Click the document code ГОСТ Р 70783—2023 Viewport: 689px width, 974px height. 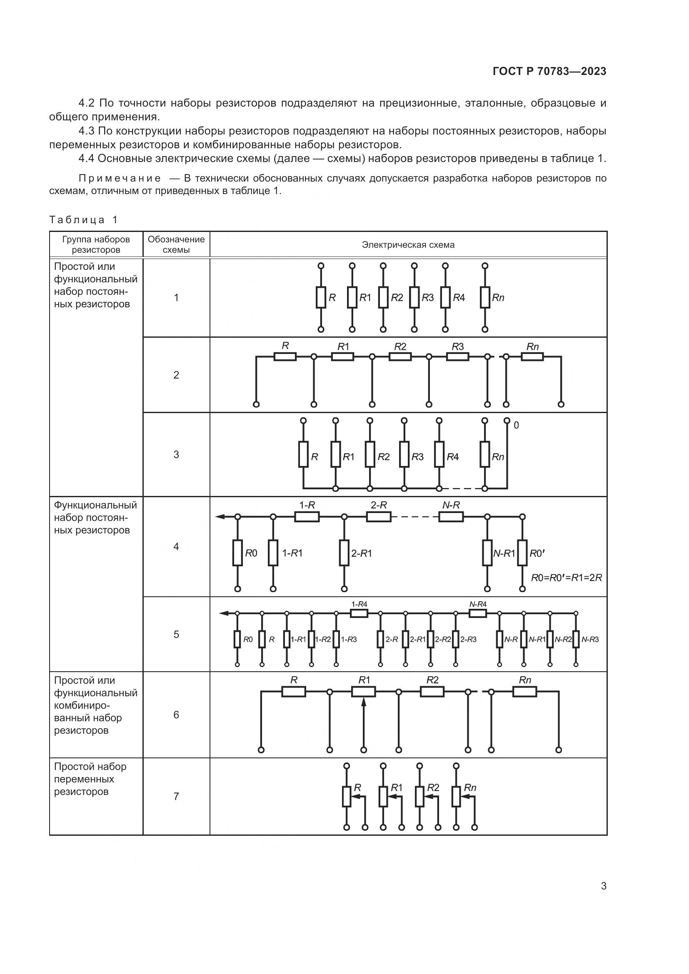pyautogui.click(x=549, y=71)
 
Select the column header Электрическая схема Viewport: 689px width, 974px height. pyautogui.click(x=408, y=245)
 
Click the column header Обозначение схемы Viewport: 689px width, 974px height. pyautogui.click(x=176, y=244)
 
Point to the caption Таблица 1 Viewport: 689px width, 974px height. pyautogui.click(x=84, y=220)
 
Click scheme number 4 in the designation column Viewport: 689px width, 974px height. pyautogui.click(x=176, y=546)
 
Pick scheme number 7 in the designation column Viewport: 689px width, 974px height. pyautogui.click(x=176, y=796)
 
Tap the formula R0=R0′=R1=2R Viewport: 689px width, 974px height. pyautogui.click(x=567, y=577)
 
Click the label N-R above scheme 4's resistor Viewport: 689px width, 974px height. pyautogui.click(x=451, y=505)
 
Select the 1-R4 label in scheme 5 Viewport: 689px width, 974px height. pyautogui.click(x=359, y=604)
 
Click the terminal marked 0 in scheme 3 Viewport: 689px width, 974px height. pyautogui.click(x=507, y=421)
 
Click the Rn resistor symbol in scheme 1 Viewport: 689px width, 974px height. pyautogui.click(x=485, y=297)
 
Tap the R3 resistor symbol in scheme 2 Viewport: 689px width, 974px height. pyautogui.click(x=457, y=357)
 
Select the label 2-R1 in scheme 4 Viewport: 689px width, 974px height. pyautogui.click(x=362, y=553)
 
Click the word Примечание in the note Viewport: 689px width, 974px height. pyautogui.click(x=120, y=178)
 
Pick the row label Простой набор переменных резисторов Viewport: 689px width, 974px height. pyautogui.click(x=90, y=779)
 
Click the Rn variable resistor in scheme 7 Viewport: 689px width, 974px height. pyautogui.click(x=456, y=796)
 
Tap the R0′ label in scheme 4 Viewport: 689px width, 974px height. pyautogui.click(x=537, y=553)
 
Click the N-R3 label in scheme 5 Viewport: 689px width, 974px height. pyautogui.click(x=590, y=639)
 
